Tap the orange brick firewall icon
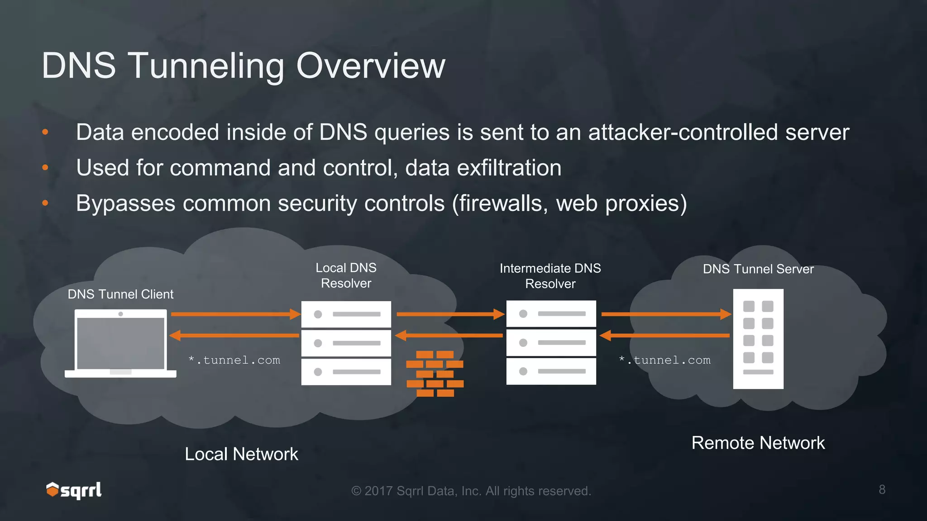click(435, 374)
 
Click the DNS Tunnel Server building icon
click(758, 339)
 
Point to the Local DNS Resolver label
click(346, 275)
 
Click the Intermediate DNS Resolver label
click(550, 276)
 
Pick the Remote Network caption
click(758, 443)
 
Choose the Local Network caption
click(241, 454)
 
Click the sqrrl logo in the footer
click(74, 490)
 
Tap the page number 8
click(882, 489)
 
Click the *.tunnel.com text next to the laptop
click(234, 360)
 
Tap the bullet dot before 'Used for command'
click(45, 168)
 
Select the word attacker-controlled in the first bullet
click(683, 133)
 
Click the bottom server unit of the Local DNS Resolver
click(346, 372)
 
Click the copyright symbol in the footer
click(356, 491)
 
